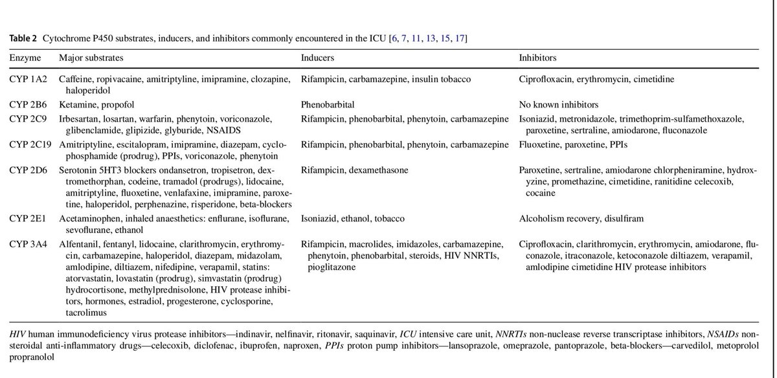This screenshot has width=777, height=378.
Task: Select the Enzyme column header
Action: point(25,58)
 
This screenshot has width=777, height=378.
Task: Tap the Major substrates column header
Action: point(90,58)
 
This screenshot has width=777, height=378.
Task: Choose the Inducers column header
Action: point(319,58)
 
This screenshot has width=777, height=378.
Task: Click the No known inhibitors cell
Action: point(559,104)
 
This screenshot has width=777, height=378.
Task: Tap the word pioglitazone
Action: point(328,267)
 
